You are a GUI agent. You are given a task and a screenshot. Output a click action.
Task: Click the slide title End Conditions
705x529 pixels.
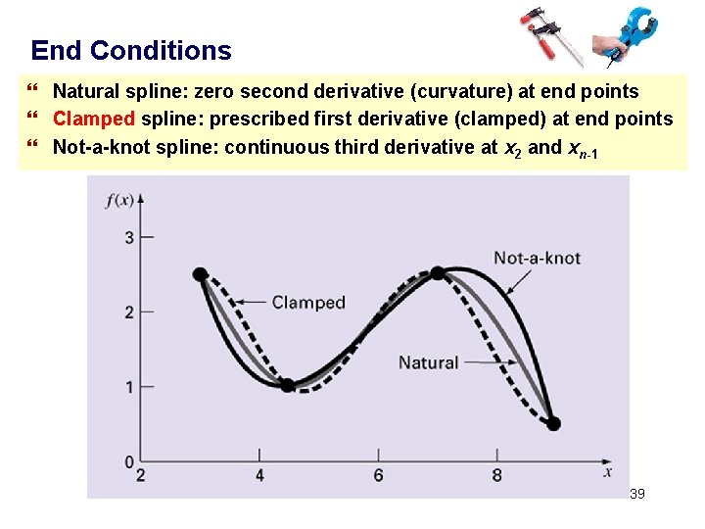point(131,51)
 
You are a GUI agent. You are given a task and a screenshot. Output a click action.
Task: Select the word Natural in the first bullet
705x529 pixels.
point(85,92)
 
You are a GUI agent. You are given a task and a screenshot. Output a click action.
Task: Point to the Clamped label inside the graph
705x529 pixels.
point(308,303)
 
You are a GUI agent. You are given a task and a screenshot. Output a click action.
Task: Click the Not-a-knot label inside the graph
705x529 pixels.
point(537,259)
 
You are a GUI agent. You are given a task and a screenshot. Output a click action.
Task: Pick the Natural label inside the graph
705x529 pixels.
point(428,362)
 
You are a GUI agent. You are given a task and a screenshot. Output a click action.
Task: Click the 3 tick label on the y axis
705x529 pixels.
point(128,237)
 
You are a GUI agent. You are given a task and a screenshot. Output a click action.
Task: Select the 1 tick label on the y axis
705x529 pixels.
point(128,387)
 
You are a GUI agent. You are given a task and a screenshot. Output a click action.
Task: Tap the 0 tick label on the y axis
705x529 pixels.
point(128,461)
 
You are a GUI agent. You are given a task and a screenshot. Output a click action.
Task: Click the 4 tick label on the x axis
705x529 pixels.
point(259,476)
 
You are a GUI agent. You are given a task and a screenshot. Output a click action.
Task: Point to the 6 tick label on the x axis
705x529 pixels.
point(378,476)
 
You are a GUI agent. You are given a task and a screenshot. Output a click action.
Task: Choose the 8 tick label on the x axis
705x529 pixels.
point(497,476)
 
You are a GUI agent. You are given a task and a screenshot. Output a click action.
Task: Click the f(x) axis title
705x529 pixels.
point(120,202)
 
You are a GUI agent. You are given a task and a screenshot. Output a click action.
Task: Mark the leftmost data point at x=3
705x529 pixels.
point(201,274)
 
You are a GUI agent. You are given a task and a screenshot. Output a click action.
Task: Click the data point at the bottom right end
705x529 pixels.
point(553,424)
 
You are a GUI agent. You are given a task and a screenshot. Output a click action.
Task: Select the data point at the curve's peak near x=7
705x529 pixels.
point(438,273)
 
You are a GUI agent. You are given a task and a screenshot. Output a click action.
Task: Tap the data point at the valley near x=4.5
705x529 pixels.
point(288,386)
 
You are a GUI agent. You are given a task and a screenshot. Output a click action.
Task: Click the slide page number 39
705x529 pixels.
point(636,495)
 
